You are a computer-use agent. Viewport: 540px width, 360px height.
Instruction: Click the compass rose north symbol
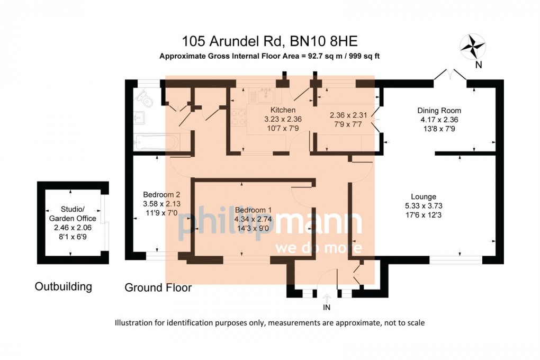click(473, 46)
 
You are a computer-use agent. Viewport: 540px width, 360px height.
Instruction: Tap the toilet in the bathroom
click(143, 97)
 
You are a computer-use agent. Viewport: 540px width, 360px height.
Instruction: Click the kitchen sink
click(262, 96)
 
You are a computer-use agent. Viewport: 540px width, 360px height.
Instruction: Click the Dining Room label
click(439, 111)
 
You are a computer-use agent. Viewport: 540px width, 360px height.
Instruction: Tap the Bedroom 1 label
click(253, 209)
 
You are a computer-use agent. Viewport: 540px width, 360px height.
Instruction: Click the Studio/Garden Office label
click(73, 214)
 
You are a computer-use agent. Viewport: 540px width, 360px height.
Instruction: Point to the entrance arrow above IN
click(326, 298)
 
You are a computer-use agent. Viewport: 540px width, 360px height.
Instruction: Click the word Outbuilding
click(63, 287)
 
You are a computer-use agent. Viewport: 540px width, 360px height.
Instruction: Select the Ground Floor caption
click(158, 288)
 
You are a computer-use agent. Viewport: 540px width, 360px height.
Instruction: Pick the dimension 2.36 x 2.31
click(348, 115)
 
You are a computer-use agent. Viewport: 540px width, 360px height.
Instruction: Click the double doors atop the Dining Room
click(450, 76)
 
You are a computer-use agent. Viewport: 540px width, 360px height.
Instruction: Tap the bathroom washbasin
click(140, 116)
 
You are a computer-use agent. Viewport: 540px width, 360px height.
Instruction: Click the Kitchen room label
click(283, 110)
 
